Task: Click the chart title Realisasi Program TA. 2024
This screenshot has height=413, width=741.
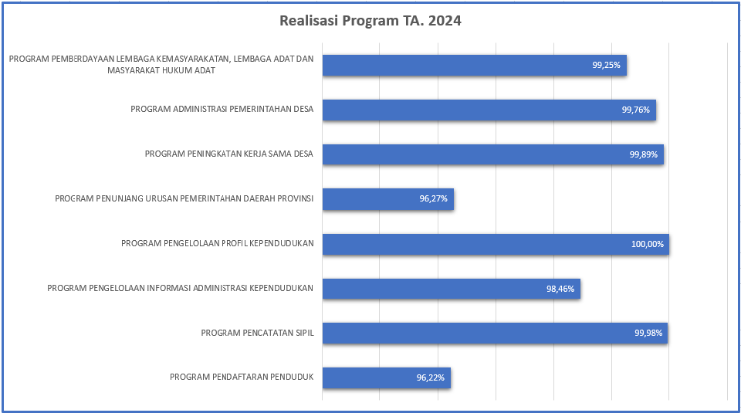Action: click(370, 21)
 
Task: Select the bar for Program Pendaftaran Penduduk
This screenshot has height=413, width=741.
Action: click(386, 377)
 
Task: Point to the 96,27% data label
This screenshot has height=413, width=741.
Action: click(434, 199)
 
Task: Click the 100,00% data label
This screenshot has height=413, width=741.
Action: click(648, 244)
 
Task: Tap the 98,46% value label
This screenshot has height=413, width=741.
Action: click(560, 289)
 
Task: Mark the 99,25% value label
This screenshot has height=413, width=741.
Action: click(607, 66)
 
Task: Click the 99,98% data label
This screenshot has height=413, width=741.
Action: click(648, 333)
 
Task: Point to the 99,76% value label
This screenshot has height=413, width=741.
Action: click(636, 110)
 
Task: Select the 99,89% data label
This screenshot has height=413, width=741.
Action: click(644, 154)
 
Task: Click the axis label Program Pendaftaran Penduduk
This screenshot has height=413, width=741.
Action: click(242, 377)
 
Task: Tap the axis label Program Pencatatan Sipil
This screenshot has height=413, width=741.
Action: click(257, 333)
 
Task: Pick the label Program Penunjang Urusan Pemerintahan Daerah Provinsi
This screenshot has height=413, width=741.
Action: click(184, 198)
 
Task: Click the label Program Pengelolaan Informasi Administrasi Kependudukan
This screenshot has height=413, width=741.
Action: click(180, 288)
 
